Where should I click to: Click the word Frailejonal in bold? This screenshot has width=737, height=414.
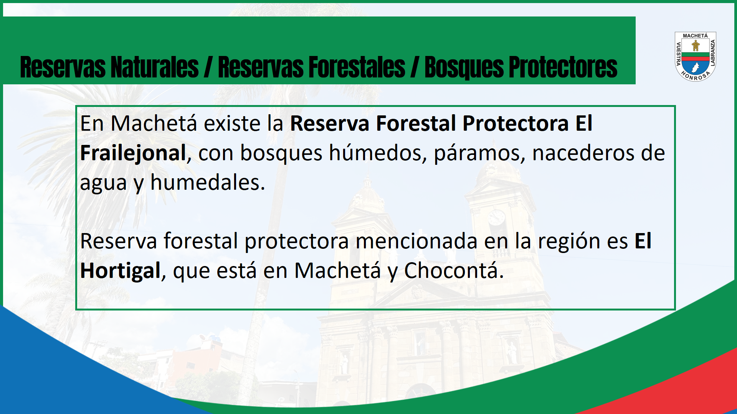(133, 153)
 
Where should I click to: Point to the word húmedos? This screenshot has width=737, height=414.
(377, 153)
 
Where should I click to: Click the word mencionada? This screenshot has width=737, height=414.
(416, 242)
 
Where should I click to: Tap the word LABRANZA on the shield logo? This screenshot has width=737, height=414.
(713, 53)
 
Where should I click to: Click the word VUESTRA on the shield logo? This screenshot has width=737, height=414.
(678, 54)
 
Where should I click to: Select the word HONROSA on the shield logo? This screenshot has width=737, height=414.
(696, 76)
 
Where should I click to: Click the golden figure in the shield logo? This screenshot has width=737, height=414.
(695, 46)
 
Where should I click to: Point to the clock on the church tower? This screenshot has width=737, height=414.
(496, 218)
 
